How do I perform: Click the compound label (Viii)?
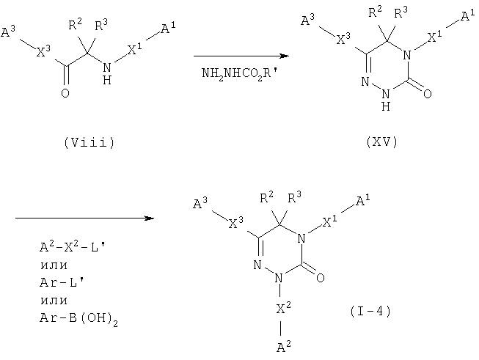point(89,142)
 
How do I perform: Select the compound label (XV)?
point(382,142)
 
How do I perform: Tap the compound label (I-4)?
point(370,311)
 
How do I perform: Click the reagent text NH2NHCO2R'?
point(240,73)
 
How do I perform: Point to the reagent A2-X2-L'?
point(73,246)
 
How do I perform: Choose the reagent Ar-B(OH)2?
point(78,319)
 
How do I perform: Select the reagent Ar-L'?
point(62,282)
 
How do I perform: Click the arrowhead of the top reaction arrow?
point(285,56)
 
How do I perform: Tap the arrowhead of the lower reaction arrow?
point(150,218)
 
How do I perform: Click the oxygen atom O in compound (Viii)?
point(65,93)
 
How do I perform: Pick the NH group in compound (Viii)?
point(107,73)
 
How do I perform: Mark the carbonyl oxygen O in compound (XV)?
point(428,93)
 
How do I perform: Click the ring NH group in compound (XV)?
point(386,100)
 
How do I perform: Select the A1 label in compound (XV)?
point(468,15)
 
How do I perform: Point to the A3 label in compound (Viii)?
point(8,32)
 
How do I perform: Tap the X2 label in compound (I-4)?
point(283,308)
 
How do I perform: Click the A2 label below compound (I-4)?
point(283,346)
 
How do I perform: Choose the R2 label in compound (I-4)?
point(267,197)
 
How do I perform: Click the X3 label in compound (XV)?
point(343,39)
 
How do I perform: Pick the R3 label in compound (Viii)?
point(101,25)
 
